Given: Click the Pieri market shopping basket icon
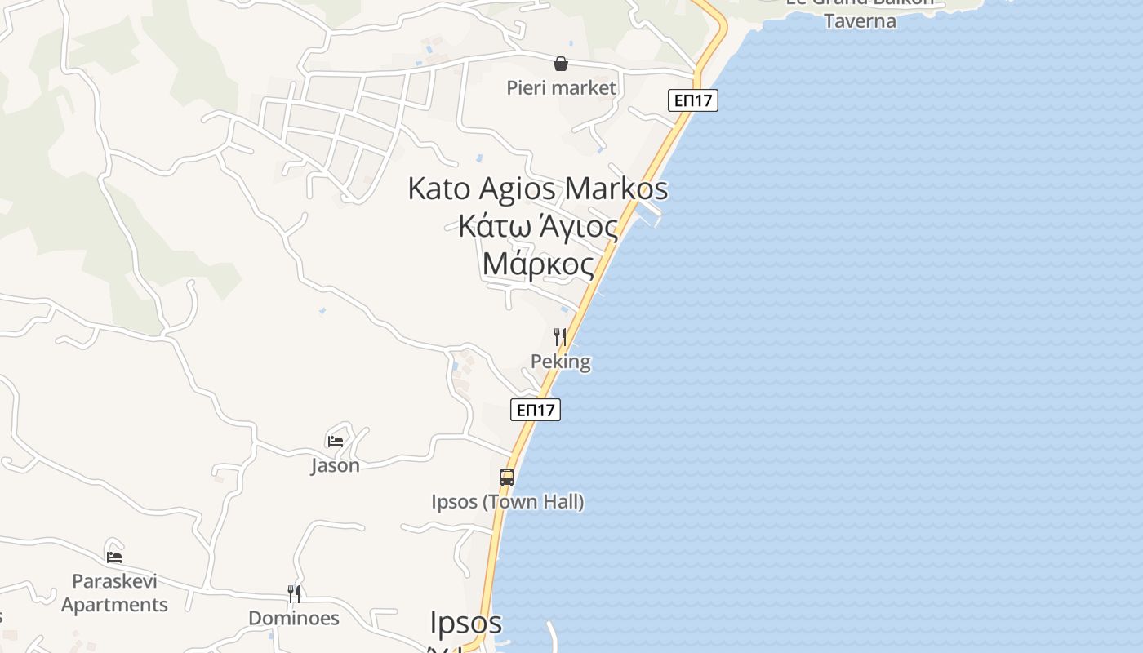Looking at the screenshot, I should pos(561,64).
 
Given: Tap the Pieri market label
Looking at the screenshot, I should pos(561,87).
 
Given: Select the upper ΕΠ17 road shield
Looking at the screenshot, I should pos(693,100).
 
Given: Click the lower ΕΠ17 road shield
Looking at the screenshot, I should pos(536,410).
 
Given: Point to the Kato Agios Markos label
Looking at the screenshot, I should pos(537,189).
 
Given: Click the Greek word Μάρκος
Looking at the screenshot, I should pos(538,264).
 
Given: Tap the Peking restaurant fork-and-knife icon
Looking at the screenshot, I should pos(560,336).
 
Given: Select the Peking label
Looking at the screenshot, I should pos(560,362).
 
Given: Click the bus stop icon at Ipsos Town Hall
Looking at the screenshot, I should pos(507,478).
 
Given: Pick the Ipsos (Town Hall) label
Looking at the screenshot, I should pos(507,501).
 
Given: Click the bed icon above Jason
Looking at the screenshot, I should pos(335,441).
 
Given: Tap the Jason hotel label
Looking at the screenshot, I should pos(335,465).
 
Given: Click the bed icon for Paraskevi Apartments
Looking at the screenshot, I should pos(114,557).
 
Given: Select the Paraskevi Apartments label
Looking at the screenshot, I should pos(114,593).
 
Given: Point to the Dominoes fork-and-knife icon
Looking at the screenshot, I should pos(294,593).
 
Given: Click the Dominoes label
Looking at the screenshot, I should pos(294,618).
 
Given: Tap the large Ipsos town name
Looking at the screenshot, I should pos(465,623).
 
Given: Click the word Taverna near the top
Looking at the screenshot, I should pos(860,20).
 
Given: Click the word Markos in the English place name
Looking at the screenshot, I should pos(616,189).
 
